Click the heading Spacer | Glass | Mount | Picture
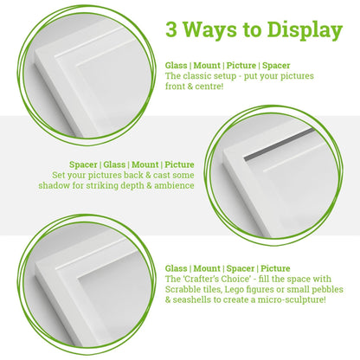132,164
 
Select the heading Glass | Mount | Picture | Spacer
227,65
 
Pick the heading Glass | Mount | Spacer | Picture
228,267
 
